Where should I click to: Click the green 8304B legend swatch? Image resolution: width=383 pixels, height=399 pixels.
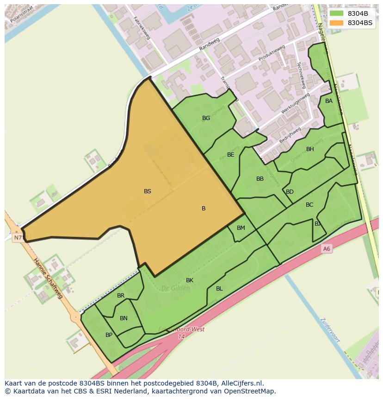coord(336,13)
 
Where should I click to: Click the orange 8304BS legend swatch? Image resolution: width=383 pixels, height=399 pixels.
coord(336,23)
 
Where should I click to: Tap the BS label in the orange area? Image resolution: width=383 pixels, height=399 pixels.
coord(148,191)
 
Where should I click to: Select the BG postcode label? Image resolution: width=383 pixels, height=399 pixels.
coord(206,118)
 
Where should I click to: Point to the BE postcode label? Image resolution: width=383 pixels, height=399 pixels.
coord(231,155)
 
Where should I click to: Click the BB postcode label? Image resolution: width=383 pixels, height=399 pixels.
coord(260,179)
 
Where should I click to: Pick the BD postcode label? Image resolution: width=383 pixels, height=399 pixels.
coord(290,192)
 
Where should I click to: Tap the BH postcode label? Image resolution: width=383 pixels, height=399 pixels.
coord(310,149)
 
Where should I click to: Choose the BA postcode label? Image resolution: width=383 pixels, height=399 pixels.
coord(329,101)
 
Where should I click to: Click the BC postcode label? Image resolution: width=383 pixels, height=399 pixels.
coord(309,205)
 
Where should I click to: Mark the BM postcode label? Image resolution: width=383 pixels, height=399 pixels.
coord(241,228)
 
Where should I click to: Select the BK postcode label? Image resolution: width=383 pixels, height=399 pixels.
coord(190,280)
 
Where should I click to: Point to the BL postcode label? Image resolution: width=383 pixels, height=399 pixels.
coord(219,289)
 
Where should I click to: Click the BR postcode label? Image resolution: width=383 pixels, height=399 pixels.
coord(121,296)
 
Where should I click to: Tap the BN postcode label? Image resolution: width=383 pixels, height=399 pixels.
coord(124,318)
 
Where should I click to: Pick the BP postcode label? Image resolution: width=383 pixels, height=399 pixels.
coord(109,335)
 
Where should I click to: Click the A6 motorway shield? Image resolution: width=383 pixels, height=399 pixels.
coord(327,249)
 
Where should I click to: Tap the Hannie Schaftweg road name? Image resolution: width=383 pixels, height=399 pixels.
coord(48,278)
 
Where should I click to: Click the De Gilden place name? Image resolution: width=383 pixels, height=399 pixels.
coord(175,288)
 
